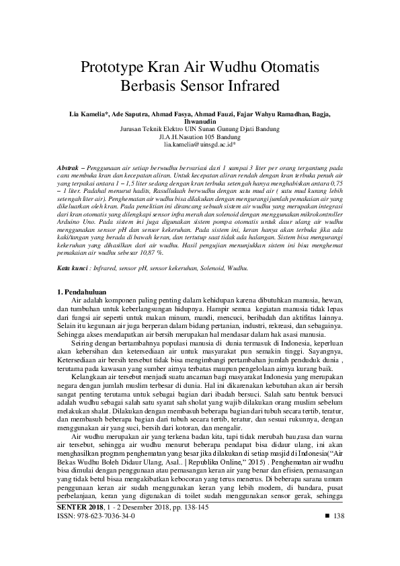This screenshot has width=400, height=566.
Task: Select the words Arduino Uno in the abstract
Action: click(x=72, y=219)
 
